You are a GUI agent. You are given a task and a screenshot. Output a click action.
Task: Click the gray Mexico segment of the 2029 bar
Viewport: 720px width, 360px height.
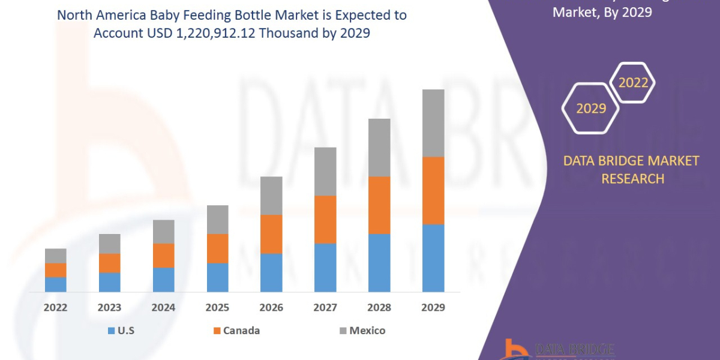(433, 123)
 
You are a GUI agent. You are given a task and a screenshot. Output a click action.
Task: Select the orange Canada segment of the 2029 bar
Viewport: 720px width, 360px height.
(433, 190)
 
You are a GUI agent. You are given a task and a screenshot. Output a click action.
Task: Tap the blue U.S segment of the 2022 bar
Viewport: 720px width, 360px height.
(55, 284)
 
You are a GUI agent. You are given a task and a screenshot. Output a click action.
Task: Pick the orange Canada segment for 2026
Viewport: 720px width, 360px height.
(271, 234)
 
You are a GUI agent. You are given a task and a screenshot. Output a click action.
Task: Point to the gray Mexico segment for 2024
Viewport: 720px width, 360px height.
(163, 232)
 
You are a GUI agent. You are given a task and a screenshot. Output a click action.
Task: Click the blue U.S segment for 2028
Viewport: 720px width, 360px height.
(379, 262)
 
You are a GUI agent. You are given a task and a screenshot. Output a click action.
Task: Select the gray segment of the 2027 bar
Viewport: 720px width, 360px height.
(325, 171)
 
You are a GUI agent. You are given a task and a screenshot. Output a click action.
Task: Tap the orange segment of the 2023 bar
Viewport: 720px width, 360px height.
(109, 263)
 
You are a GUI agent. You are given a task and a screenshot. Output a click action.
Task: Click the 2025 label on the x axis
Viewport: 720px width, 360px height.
(217, 308)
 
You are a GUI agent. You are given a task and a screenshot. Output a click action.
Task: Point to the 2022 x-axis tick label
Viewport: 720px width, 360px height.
(55, 308)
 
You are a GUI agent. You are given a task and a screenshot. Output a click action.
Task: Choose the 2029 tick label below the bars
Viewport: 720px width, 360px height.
(433, 308)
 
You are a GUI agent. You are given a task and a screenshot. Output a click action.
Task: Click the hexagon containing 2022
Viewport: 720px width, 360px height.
(633, 83)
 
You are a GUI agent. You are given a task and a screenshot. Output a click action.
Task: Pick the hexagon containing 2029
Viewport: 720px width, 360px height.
(590, 109)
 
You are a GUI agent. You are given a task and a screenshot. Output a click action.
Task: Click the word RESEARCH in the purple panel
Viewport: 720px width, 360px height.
(632, 179)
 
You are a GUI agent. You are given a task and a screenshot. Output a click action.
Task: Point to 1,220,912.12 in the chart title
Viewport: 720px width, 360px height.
(203, 34)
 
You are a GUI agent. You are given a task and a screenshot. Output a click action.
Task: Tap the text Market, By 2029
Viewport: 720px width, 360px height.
(602, 11)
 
